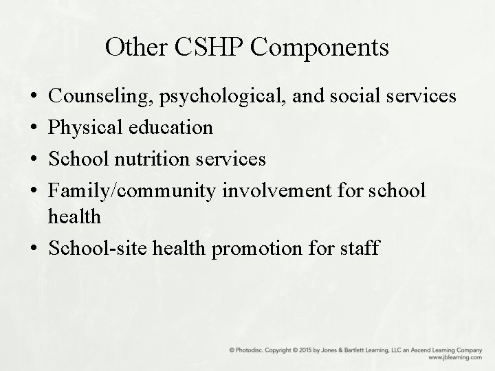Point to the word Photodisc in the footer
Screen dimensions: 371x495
[247, 350]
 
